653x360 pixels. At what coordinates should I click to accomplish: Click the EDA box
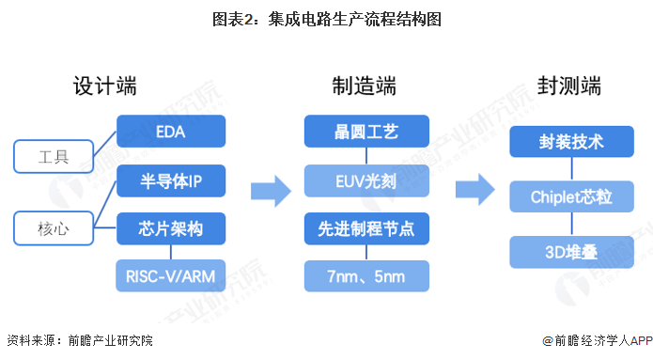(171, 132)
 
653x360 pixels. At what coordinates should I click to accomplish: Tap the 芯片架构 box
(171, 227)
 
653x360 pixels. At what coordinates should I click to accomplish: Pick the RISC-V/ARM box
(171, 275)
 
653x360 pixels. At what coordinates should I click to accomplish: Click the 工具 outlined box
(55, 154)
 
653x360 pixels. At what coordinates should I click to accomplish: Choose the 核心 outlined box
(55, 227)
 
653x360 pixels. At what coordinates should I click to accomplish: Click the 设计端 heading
(105, 86)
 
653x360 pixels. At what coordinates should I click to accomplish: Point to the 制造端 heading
(365, 86)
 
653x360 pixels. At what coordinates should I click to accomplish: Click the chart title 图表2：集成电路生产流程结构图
(326, 18)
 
